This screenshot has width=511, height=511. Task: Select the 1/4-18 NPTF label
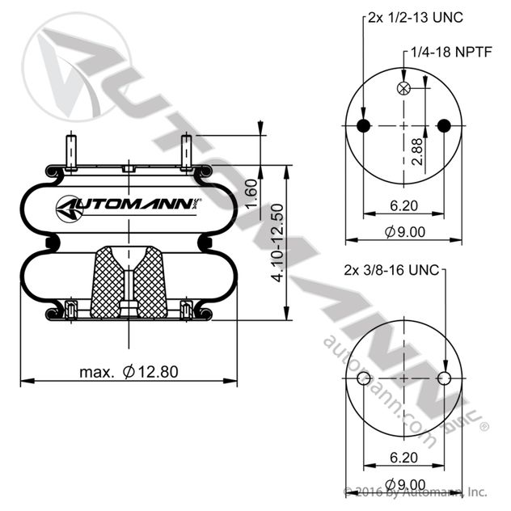(450, 53)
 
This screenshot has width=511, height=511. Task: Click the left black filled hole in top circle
(364, 125)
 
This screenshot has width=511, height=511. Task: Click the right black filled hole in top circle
(442, 125)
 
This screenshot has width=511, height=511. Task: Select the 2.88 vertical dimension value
(416, 152)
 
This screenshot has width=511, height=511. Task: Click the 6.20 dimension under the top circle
(403, 205)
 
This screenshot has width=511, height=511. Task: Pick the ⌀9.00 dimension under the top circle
(404, 233)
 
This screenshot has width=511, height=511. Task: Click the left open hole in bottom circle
(364, 378)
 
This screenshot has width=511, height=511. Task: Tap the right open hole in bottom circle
(442, 378)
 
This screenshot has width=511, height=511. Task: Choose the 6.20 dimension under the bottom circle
(403, 457)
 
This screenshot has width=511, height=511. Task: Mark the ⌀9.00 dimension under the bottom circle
(404, 484)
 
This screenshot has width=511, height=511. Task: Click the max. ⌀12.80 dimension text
(129, 372)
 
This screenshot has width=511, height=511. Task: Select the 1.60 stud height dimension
(251, 194)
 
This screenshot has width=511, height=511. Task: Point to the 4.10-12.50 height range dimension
(277, 243)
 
